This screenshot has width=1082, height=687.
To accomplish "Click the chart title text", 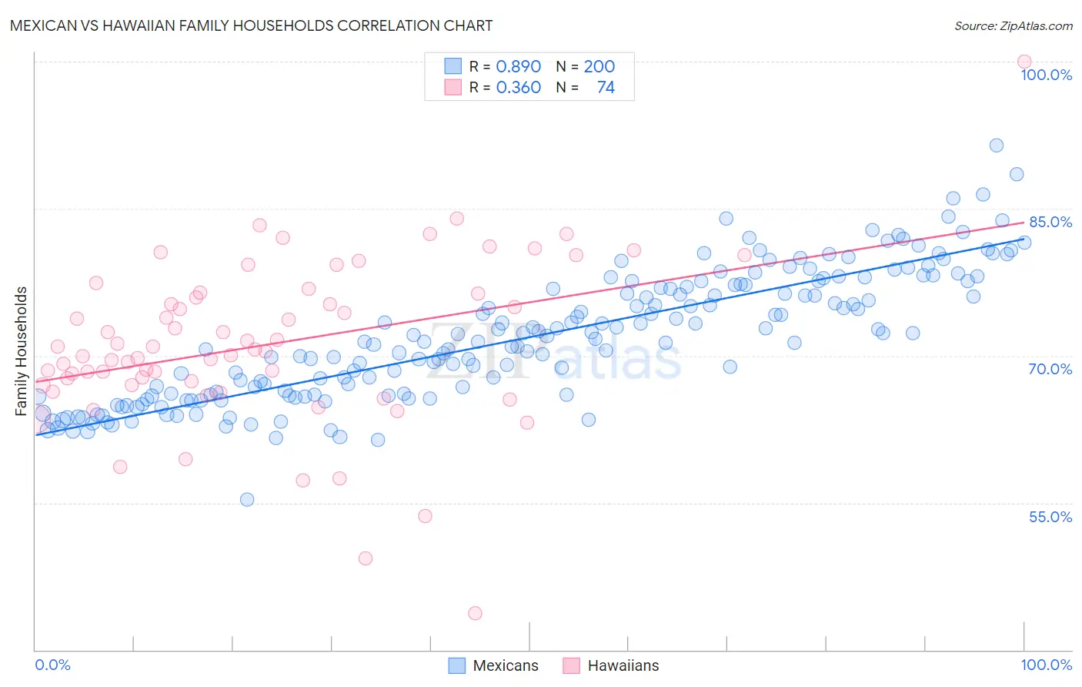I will (251, 25).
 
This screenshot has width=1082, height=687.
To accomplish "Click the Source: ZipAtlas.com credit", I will (1013, 26).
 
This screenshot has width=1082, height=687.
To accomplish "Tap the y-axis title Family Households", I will (22, 351).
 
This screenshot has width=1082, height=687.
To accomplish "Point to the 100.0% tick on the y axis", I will (1046, 75).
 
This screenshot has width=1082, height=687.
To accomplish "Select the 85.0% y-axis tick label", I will (1050, 222).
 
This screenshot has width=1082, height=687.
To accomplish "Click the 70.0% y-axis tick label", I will (1050, 369).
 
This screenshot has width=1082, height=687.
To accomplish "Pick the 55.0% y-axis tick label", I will (1050, 517).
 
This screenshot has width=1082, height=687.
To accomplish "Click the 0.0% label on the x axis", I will (52, 665).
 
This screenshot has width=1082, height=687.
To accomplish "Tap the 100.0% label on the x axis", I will (1046, 665).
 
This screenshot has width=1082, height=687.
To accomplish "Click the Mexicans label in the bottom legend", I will (506, 665).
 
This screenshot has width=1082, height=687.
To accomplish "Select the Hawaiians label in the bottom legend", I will (623, 665).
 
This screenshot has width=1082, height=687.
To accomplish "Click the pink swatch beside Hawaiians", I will (571, 665).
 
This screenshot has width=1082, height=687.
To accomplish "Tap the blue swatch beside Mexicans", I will (456, 665).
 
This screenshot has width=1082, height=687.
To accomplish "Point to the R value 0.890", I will (519, 66).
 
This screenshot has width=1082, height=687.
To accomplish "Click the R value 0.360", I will (519, 88).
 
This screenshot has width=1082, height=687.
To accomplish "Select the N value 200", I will (599, 66).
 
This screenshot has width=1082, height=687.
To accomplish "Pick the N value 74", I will (606, 88).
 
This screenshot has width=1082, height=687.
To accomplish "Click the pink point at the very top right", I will (1024, 62).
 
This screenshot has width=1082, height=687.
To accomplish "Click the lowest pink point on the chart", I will (475, 613).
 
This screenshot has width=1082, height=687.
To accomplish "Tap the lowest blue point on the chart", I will (247, 499).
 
